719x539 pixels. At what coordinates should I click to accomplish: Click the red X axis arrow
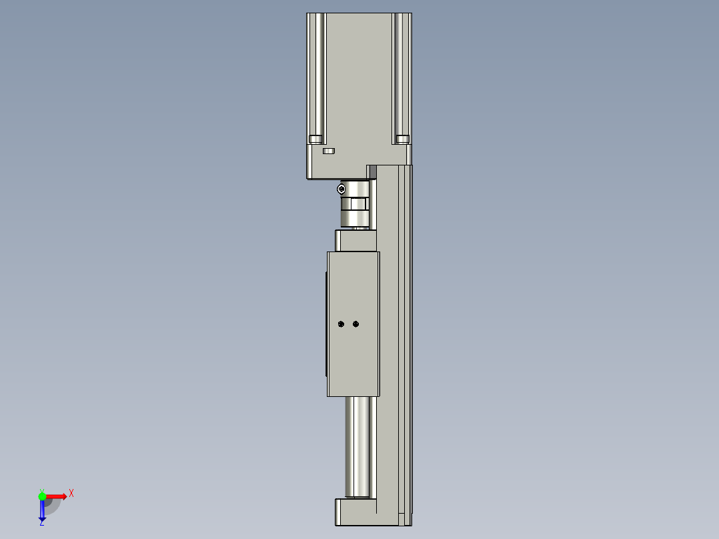tap(56, 496)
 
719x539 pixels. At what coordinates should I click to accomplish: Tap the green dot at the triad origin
tap(42, 496)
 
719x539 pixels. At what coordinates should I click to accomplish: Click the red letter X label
tap(71, 494)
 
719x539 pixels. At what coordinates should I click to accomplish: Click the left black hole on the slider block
tap(341, 324)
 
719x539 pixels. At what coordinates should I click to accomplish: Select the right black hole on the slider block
tap(355, 324)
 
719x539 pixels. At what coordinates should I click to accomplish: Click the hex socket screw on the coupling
tap(341, 189)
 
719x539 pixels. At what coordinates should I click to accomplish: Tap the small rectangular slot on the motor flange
tap(328, 151)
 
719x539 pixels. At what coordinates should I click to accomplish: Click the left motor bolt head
tap(315, 139)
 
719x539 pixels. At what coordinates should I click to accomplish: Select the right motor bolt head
tap(402, 139)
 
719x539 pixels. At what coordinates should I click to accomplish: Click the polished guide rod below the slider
tap(357, 447)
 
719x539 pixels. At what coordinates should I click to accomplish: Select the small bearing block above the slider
tap(355, 241)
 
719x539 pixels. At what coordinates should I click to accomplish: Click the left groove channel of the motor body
tap(319, 73)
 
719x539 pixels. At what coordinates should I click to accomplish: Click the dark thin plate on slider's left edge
tap(325, 324)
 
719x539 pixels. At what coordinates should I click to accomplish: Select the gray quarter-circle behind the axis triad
tap(53, 506)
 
